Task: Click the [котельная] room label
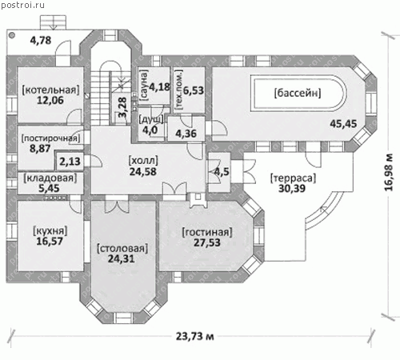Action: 50,90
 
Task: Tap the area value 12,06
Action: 50,100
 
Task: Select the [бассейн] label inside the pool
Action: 298,93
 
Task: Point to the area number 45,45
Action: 343,124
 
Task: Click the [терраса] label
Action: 293,178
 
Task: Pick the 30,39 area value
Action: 292,189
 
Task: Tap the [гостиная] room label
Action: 207,232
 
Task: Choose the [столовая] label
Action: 122,248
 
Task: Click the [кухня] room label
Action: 50,230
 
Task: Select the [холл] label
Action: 143,161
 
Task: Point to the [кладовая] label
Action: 50,178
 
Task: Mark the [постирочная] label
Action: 50,138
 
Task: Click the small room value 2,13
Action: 70,162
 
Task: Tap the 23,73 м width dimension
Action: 195,336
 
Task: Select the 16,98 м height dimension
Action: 389,172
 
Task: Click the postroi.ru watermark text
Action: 22,5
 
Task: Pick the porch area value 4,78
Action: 41,40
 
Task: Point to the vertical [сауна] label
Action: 143,86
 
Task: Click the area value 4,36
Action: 186,134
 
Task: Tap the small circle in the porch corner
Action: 12,35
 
